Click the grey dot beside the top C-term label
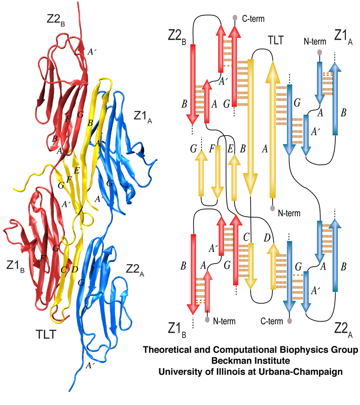[x=234, y=18]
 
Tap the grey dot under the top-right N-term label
[x=319, y=52]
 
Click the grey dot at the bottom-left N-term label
[x=207, y=320]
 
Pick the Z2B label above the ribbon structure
[x=56, y=18]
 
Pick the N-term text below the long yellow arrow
[x=289, y=212]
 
